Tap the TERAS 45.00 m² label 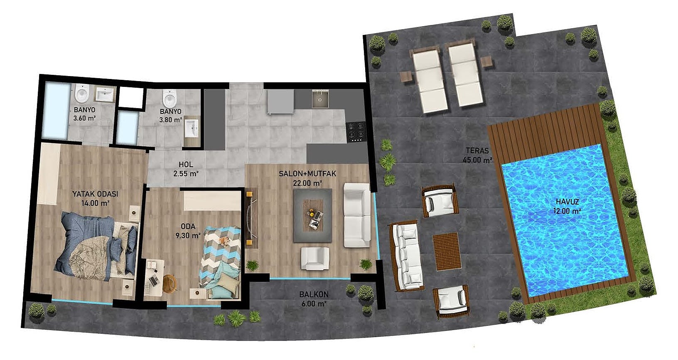(477, 155)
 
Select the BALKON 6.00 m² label (314, 299)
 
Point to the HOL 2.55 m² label (186, 169)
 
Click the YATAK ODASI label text (96, 194)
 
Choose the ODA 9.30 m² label (188, 231)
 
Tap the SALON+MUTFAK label (307, 174)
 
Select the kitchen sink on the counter (320, 99)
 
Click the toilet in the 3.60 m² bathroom (82, 93)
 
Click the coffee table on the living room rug (313, 215)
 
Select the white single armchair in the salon (315, 258)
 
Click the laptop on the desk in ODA (154, 281)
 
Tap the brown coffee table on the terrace (446, 252)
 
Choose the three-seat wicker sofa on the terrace (405, 256)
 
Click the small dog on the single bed (224, 240)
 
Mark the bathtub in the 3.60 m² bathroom (56, 111)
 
